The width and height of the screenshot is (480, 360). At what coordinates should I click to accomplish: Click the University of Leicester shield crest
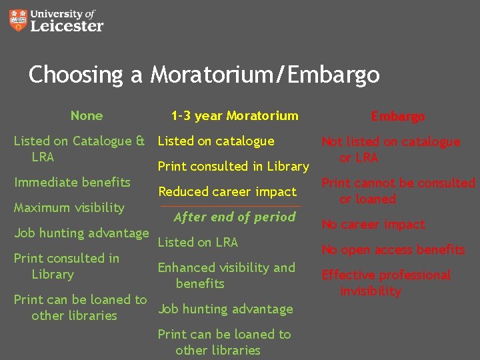click(20, 21)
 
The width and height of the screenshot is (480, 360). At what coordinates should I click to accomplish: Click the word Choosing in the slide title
click(75, 74)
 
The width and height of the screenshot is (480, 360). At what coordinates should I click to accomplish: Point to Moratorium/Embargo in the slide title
click(265, 74)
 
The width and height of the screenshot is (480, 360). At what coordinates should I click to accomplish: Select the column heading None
click(87, 115)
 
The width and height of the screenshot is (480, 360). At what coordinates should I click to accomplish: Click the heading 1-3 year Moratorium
click(234, 115)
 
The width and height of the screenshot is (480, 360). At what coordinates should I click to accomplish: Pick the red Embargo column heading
click(397, 116)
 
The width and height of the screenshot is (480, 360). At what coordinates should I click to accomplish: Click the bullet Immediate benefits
click(72, 182)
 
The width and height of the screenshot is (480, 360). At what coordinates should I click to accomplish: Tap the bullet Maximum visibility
click(69, 207)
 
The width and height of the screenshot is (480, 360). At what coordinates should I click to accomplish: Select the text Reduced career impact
click(227, 191)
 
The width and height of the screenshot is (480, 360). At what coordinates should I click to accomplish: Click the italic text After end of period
click(234, 217)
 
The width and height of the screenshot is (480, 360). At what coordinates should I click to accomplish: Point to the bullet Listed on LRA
click(197, 242)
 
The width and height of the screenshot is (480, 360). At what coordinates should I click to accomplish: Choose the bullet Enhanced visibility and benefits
click(226, 275)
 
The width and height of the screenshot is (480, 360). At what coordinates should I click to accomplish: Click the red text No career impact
click(373, 225)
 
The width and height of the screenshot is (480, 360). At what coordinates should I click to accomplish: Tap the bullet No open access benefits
click(393, 250)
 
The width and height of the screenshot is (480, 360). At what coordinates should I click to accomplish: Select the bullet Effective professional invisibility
click(386, 283)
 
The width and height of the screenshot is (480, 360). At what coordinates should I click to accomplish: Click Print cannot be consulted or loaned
click(398, 191)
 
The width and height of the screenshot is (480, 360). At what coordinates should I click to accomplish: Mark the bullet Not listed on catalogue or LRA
click(391, 149)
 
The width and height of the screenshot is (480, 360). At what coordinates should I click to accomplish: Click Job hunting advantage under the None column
click(81, 233)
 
